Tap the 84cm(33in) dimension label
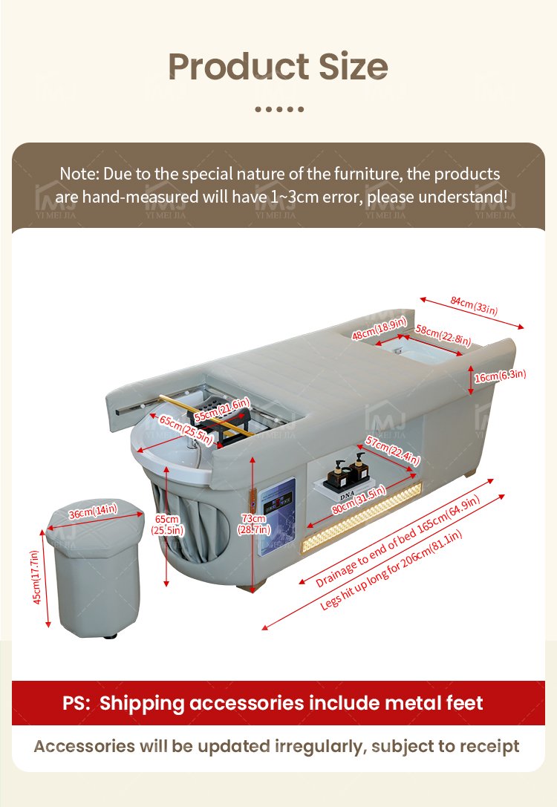(x=474, y=305)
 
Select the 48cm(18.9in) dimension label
(x=379, y=328)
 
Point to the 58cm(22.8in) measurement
(x=443, y=335)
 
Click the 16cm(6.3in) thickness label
(x=500, y=375)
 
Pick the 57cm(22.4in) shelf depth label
(x=393, y=450)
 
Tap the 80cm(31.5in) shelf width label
(x=358, y=500)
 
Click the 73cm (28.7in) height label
(x=253, y=524)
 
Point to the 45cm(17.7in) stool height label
(x=36, y=578)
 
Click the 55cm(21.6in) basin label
(x=222, y=410)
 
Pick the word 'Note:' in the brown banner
(x=79, y=174)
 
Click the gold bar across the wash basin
(x=206, y=415)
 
